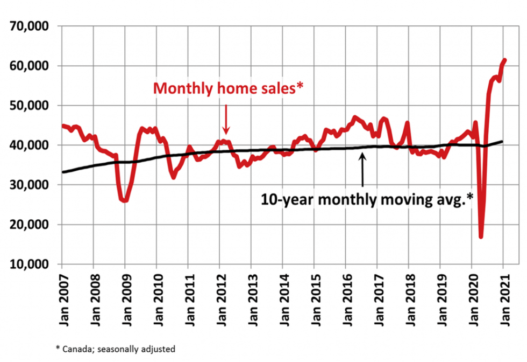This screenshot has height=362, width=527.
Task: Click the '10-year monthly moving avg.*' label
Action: click(367, 199)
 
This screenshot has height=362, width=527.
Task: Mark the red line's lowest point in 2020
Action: click(481, 236)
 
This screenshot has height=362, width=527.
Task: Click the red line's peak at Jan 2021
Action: click(504, 60)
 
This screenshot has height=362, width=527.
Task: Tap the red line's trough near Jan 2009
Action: click(125, 200)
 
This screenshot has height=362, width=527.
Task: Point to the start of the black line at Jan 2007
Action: click(62, 172)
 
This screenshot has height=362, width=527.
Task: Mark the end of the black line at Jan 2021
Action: click(502, 142)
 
